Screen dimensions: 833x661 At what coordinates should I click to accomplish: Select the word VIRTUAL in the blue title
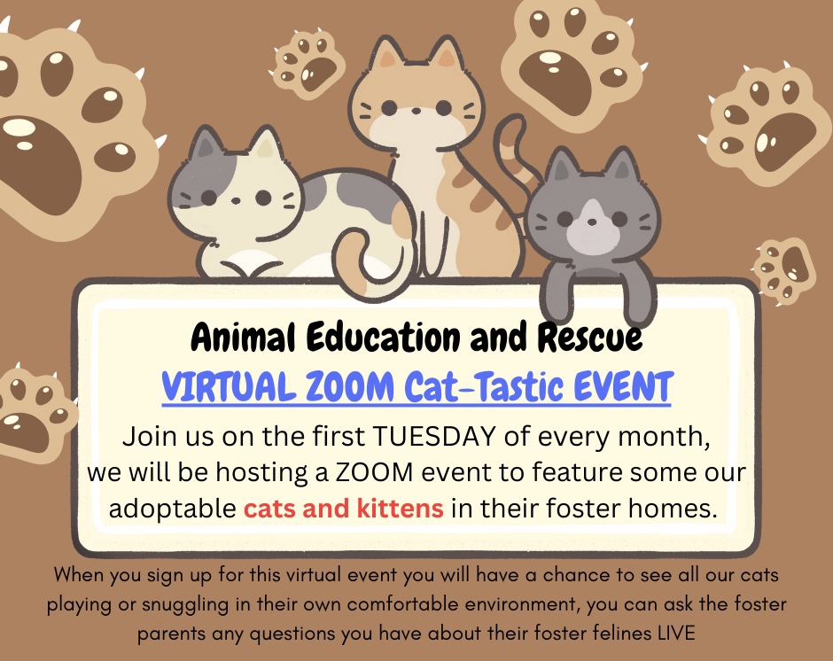pyautogui.click(x=229, y=386)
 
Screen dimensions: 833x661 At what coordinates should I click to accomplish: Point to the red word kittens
pyautogui.click(x=400, y=508)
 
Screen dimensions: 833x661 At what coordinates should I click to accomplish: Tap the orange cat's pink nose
pyautogui.click(x=416, y=112)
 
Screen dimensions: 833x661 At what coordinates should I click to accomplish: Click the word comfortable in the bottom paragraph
pyautogui.click(x=394, y=603)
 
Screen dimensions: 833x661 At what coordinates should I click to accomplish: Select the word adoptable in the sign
pyautogui.click(x=172, y=509)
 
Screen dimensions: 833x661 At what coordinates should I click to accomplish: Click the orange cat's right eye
pyautogui.click(x=444, y=108)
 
